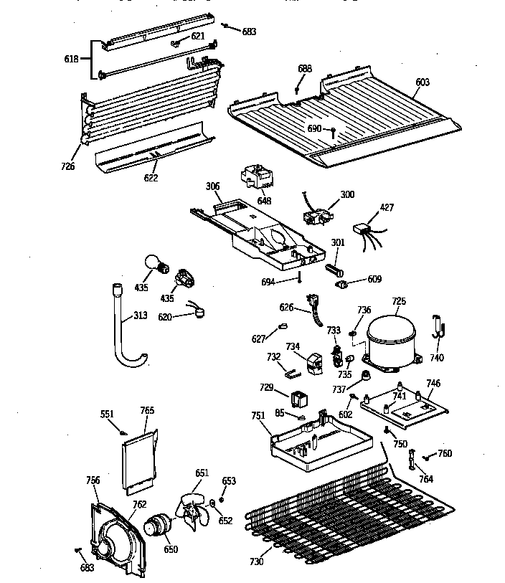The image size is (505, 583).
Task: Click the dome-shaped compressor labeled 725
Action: pos(391,341)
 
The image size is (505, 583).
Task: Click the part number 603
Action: pos(422,82)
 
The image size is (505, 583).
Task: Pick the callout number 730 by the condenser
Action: pos(256,561)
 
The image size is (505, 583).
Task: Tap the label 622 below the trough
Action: pos(151,178)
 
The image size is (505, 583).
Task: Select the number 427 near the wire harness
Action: pos(387,207)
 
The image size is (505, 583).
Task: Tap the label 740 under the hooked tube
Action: pos(437,358)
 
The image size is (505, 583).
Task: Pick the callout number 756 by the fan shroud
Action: pos(93,480)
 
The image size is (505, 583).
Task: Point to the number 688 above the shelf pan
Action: pos(305,68)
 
